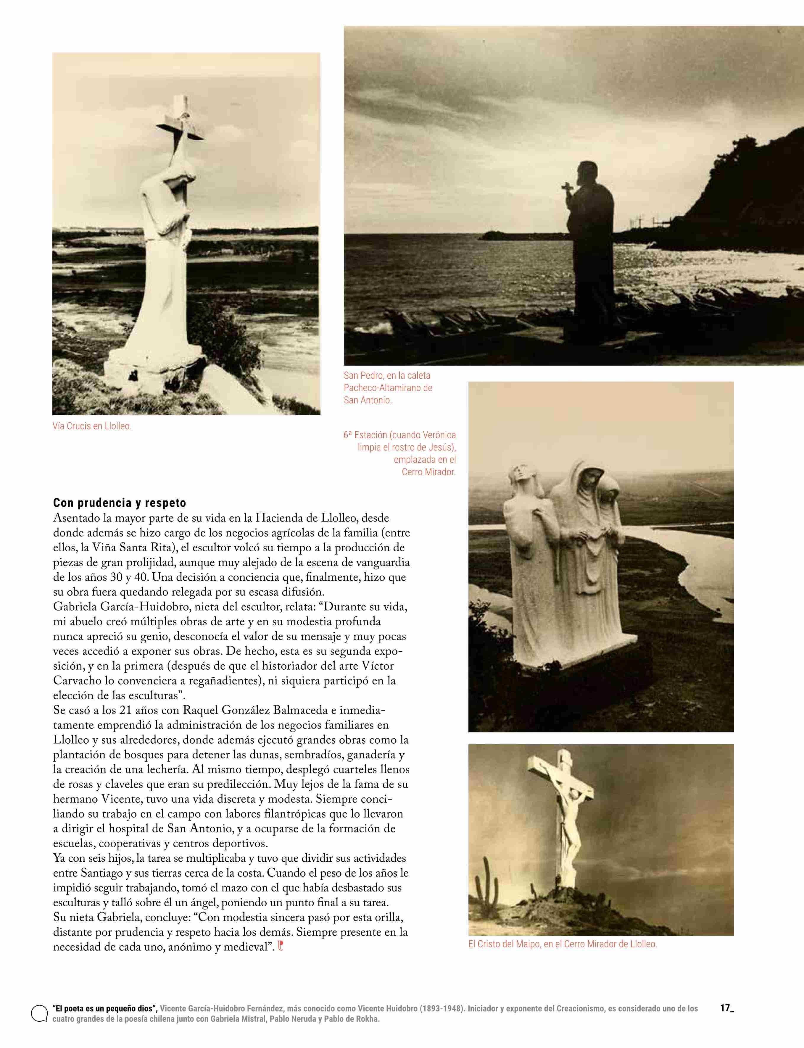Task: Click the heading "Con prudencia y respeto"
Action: [x=119, y=503]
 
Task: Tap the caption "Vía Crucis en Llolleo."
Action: [x=92, y=426]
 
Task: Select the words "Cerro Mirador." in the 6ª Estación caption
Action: [x=428, y=472]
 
